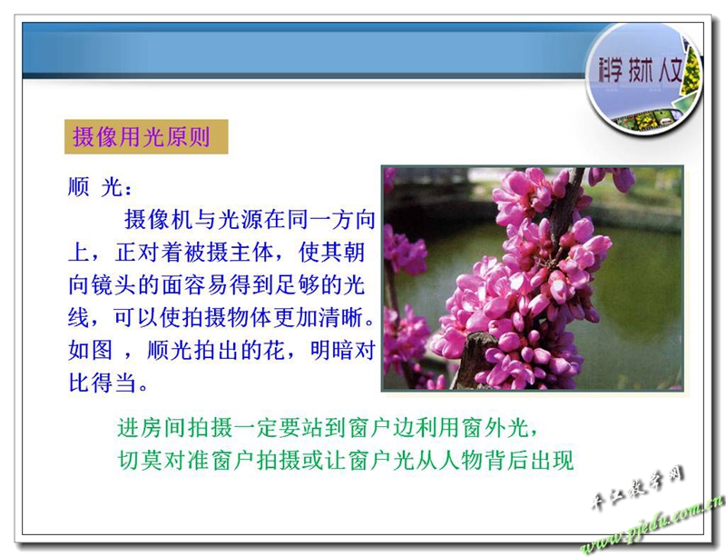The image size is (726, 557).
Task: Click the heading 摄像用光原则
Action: pyautogui.click(x=142, y=137)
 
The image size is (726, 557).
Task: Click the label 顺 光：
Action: pyautogui.click(x=101, y=187)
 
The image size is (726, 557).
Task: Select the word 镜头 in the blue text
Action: pyautogui.click(x=113, y=284)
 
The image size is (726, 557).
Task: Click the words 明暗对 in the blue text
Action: pyautogui.click(x=343, y=350)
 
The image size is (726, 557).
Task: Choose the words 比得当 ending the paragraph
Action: pyautogui.click(x=102, y=383)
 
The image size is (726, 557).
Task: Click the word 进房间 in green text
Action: pyautogui.click(x=151, y=427)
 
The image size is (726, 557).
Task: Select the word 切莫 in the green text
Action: pyautogui.click(x=140, y=460)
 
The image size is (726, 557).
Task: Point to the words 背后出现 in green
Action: pyautogui.click(x=529, y=460)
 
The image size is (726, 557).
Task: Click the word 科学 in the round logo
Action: pyautogui.click(x=610, y=71)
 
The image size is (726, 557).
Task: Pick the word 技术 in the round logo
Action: pyautogui.click(x=641, y=71)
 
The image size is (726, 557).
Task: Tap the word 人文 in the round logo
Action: pyautogui.click(x=671, y=71)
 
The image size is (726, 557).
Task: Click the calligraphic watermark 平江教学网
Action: pyautogui.click(x=638, y=488)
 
